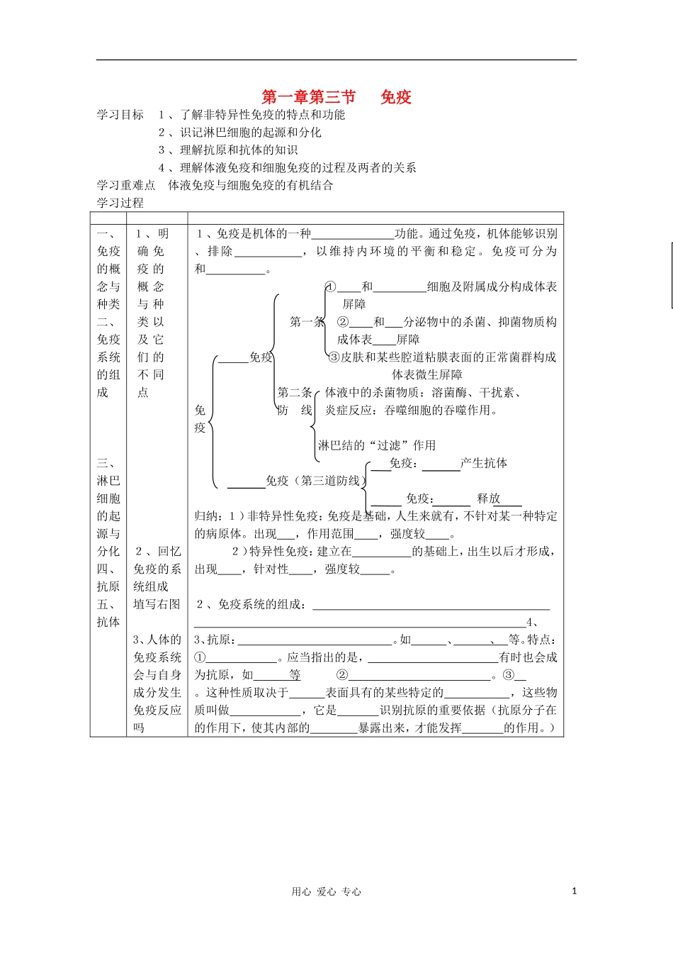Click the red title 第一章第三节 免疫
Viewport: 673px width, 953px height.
pos(336,97)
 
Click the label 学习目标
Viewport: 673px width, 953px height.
pos(120,115)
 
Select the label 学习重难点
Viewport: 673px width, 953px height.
pos(126,185)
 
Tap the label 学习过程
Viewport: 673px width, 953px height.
pos(120,203)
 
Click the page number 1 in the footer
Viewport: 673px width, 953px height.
pos(574,891)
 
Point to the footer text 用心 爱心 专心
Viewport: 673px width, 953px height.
pos(327,892)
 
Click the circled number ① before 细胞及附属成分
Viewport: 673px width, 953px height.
pos(331,286)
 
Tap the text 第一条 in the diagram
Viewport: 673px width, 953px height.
pos(307,322)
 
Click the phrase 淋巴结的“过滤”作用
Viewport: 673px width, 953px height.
pos(377,445)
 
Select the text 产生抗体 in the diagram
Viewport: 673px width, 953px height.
pos(484,463)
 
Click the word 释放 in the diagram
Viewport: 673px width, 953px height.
pos(489,498)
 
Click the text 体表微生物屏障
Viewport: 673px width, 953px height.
pos(427,374)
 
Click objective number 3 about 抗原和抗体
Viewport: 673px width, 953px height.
pos(228,150)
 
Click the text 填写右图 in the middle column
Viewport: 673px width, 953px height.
pos(157,604)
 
